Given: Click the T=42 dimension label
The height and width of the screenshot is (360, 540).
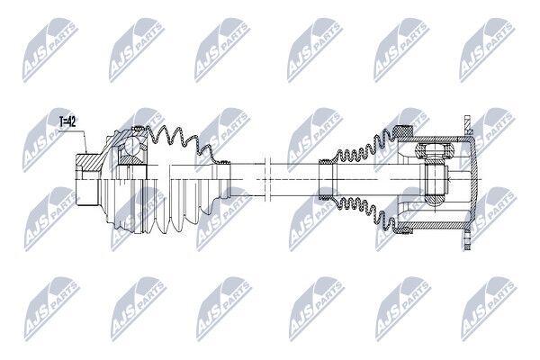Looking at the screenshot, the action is point(67,122).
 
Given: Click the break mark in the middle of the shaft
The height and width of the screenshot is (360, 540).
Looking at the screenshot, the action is point(266,179).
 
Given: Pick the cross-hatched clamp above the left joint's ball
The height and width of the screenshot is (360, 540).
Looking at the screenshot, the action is point(139,129).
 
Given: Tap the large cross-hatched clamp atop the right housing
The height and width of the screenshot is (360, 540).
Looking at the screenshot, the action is point(403,131).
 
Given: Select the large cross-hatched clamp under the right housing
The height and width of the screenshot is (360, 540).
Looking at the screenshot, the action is point(403,229).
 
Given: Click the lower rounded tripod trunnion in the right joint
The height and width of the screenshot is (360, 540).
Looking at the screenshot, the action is point(435,200).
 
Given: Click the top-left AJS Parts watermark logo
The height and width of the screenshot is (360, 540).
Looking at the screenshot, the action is point(50,51).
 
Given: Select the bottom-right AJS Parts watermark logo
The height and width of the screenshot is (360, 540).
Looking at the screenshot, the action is point(489,309).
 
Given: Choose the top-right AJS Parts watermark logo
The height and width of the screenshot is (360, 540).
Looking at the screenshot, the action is point(488,50).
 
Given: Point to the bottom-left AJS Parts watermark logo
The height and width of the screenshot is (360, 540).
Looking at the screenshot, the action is point(51,309).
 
